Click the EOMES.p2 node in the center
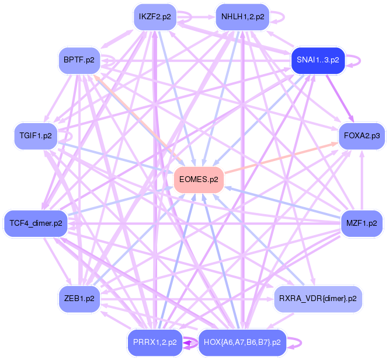tap(199, 180)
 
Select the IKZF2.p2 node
tap(155, 17)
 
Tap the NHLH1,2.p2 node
tap(242, 17)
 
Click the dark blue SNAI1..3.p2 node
tap(318, 60)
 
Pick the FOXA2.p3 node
tap(362, 136)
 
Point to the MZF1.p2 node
tap(362, 223)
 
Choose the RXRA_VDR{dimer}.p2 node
tap(318, 299)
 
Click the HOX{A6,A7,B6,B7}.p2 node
tap(242, 342)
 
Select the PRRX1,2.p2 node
tap(155, 342)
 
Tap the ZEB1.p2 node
tap(79, 299)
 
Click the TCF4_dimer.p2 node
tap(36, 223)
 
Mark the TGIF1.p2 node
tap(36, 136)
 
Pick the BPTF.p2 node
tap(79, 60)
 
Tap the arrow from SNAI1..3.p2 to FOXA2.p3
tap(339, 99)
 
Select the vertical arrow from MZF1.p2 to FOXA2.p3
tap(362, 180)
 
